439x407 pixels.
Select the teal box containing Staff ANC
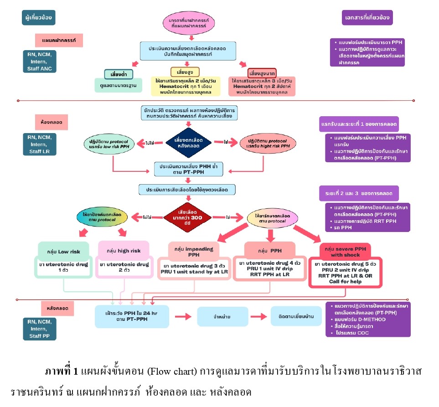point(39,61)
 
